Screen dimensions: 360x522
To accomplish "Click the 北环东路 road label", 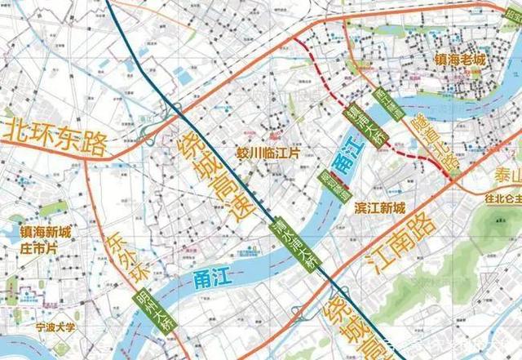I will point(55,137).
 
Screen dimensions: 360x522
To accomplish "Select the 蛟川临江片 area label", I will point(268,153).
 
